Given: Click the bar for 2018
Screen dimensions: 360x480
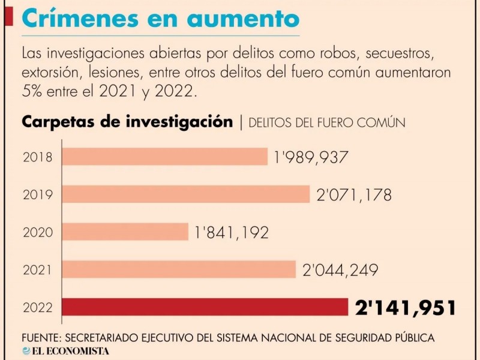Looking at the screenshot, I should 165,157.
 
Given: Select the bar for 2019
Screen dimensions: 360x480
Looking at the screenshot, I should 186,194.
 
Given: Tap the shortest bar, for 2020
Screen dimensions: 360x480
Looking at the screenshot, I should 125,232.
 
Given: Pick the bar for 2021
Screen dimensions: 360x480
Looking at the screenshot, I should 179,269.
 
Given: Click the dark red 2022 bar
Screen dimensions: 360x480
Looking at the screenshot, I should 205,307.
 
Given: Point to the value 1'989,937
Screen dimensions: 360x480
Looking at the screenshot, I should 311,158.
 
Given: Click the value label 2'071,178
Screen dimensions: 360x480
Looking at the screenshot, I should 353,195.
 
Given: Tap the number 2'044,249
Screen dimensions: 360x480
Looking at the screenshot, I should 340,270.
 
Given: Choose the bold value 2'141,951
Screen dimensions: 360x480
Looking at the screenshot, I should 405,308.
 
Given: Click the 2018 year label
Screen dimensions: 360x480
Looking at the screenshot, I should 37,158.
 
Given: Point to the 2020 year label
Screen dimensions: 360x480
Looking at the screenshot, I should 37,233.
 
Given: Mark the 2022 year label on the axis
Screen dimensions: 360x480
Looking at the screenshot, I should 37,308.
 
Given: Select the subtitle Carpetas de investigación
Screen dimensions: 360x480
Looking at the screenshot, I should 127,122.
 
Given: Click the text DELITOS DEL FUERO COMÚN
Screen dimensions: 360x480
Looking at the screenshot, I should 326,122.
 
